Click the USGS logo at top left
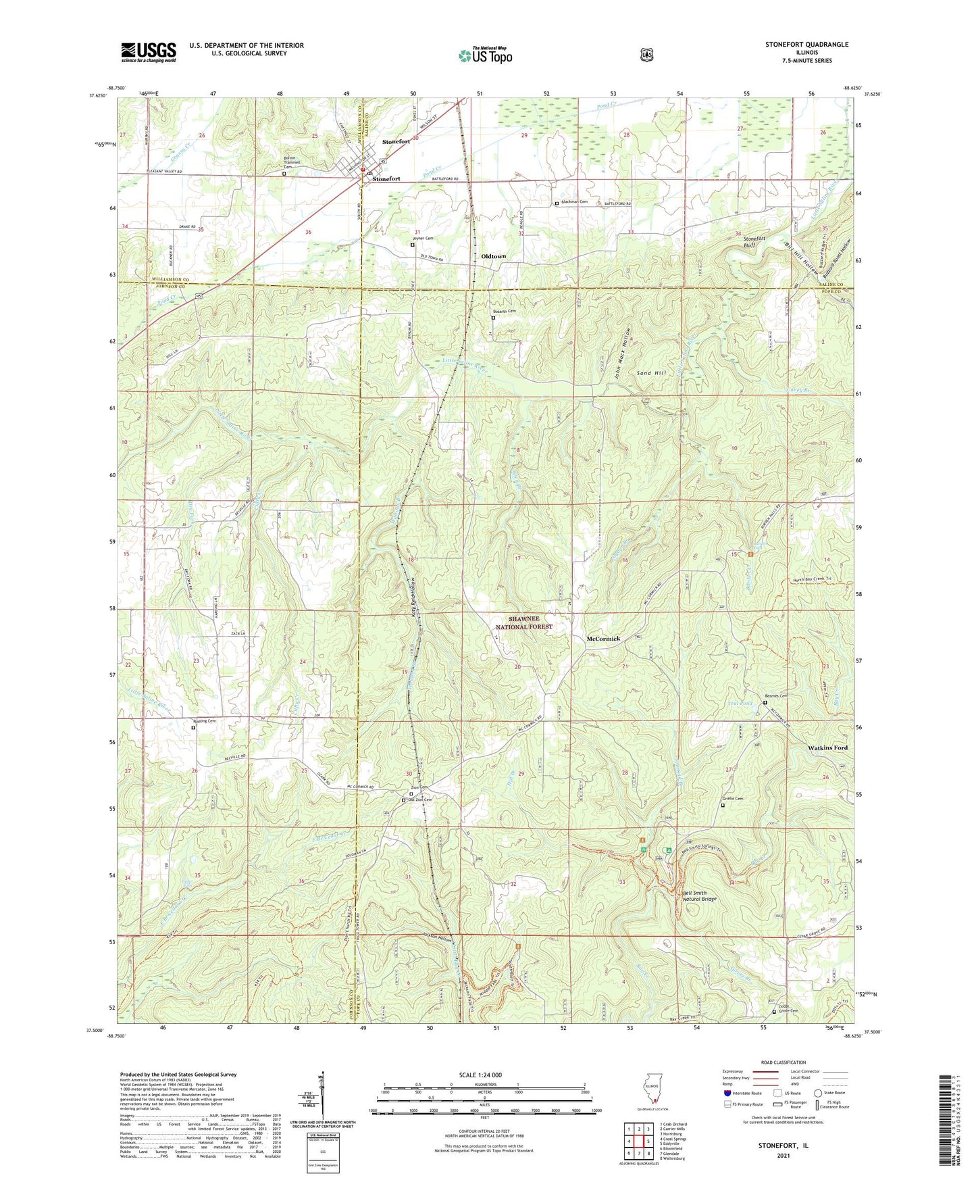(x=149, y=52)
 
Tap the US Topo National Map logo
(x=485, y=55)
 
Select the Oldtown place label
(x=493, y=257)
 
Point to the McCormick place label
(x=603, y=639)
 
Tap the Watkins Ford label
(x=827, y=748)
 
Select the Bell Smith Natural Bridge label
(x=699, y=896)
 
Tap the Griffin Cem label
(x=732, y=799)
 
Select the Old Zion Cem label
(x=419, y=800)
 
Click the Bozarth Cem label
(x=504, y=311)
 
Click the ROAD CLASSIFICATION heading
(x=783, y=1062)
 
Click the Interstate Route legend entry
(x=744, y=1093)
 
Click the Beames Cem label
(x=777, y=696)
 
